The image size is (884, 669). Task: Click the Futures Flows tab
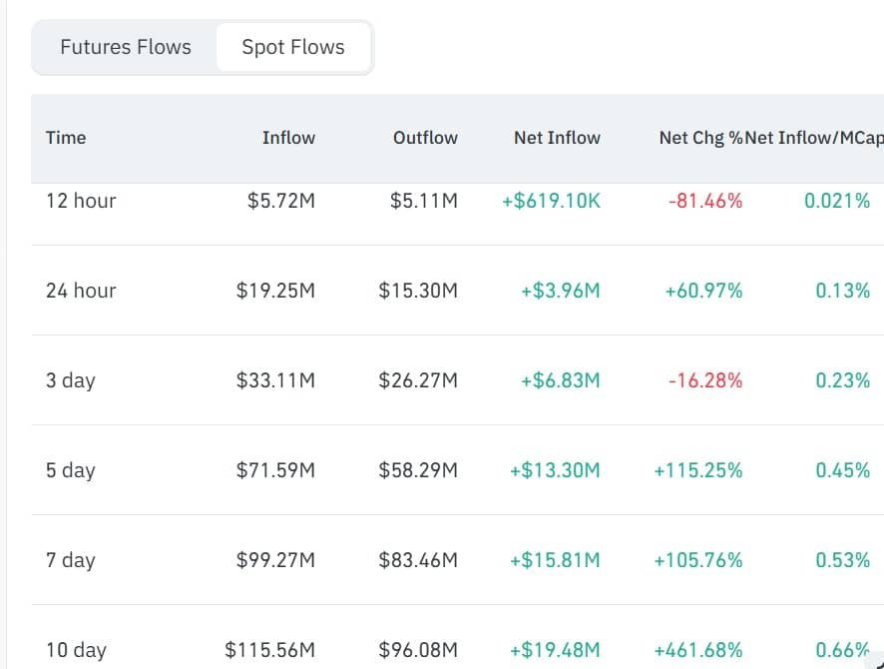[x=125, y=47]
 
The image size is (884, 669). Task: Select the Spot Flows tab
[x=293, y=47]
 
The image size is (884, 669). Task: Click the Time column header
[x=66, y=138]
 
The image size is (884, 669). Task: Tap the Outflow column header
[x=425, y=138]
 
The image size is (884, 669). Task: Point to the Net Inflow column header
[x=557, y=138]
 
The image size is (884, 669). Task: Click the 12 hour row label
[x=81, y=201]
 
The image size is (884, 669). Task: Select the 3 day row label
[x=71, y=380]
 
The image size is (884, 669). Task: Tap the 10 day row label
[x=76, y=650]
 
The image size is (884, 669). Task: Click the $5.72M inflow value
[x=280, y=201]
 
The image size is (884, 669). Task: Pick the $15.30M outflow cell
[x=418, y=291]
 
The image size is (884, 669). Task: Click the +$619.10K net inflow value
[x=551, y=201]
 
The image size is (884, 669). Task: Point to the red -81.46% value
[x=705, y=201]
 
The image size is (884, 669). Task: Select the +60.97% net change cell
[x=703, y=291]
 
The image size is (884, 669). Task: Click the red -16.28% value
[x=705, y=380]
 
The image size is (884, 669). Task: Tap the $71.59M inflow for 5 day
[x=275, y=470]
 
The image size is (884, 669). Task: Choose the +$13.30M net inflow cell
[x=555, y=470]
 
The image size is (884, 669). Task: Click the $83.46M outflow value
[x=418, y=560]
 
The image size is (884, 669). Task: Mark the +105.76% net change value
[x=698, y=560]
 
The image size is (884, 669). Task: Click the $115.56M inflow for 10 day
[x=269, y=650]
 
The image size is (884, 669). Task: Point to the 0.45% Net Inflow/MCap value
[x=842, y=470]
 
